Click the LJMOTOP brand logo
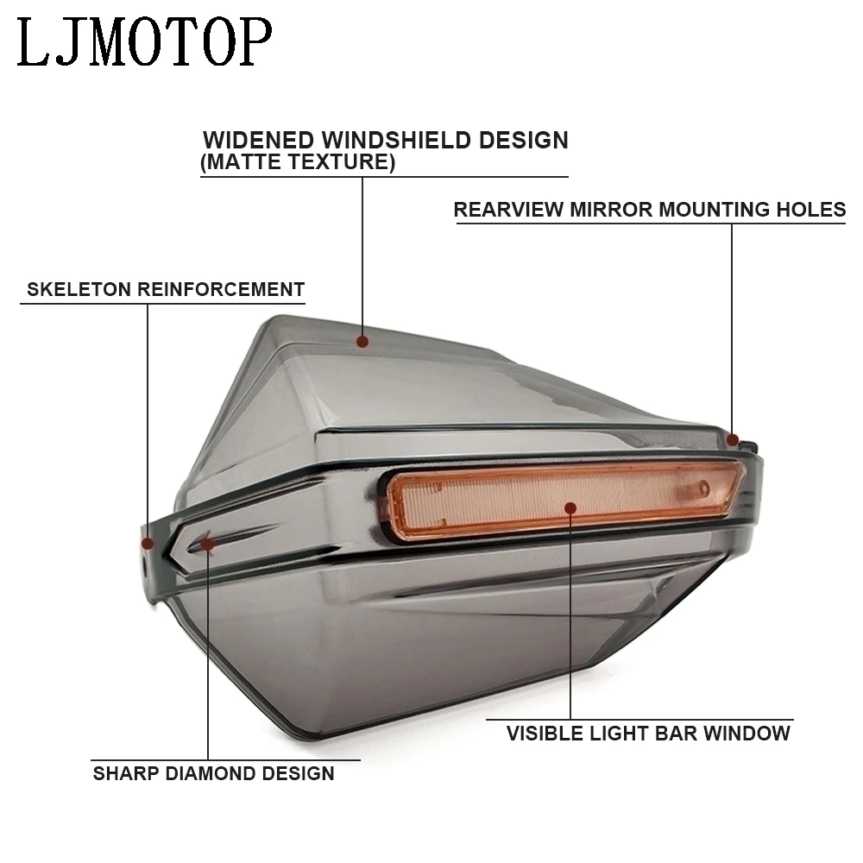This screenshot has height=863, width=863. (x=145, y=43)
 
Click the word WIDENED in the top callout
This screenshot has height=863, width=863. (x=258, y=141)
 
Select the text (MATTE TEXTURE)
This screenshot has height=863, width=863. (x=298, y=162)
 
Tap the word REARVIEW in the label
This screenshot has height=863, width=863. (x=509, y=210)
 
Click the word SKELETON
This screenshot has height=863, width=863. (x=79, y=289)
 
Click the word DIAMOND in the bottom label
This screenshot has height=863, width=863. (x=211, y=774)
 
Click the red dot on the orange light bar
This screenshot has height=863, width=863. (x=570, y=508)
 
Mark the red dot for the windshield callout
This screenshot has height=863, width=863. (x=362, y=342)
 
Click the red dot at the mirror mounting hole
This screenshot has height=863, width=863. (x=733, y=440)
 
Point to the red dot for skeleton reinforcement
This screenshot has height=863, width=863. (x=148, y=544)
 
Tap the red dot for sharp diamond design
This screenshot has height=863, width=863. (x=207, y=545)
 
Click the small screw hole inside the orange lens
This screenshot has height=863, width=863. (x=702, y=488)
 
